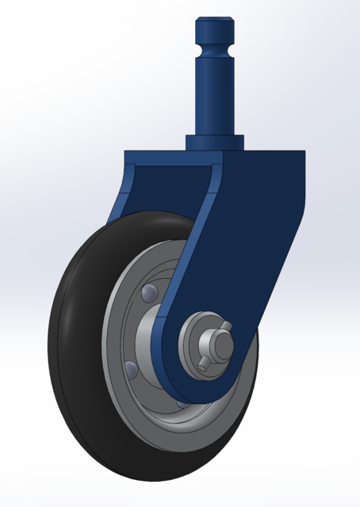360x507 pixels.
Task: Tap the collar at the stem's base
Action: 214,142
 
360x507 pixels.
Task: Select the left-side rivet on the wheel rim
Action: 130,368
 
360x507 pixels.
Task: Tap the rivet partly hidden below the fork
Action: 182,403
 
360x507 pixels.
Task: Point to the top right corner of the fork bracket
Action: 304,155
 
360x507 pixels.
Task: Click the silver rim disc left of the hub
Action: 119,333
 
